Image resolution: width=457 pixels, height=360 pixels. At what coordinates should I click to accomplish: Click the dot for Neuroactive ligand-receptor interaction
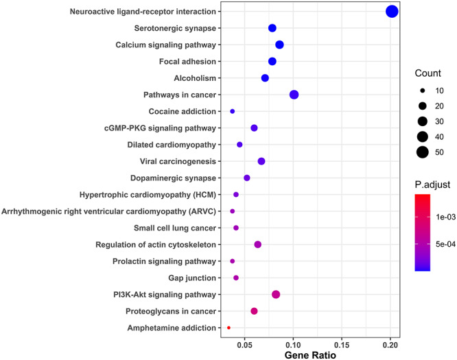coord(392,11)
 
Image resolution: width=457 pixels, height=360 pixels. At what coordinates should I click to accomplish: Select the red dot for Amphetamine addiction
coord(228,328)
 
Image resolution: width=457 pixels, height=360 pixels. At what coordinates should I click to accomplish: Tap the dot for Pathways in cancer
coord(294,95)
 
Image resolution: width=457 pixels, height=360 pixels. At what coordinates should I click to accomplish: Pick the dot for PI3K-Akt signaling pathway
coord(276,294)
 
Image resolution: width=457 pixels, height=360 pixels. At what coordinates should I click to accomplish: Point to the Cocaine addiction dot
coord(233,111)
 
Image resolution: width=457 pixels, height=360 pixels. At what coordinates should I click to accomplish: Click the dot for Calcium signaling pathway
coord(279,45)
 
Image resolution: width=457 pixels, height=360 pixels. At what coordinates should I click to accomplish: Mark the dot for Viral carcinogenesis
coord(261,161)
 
